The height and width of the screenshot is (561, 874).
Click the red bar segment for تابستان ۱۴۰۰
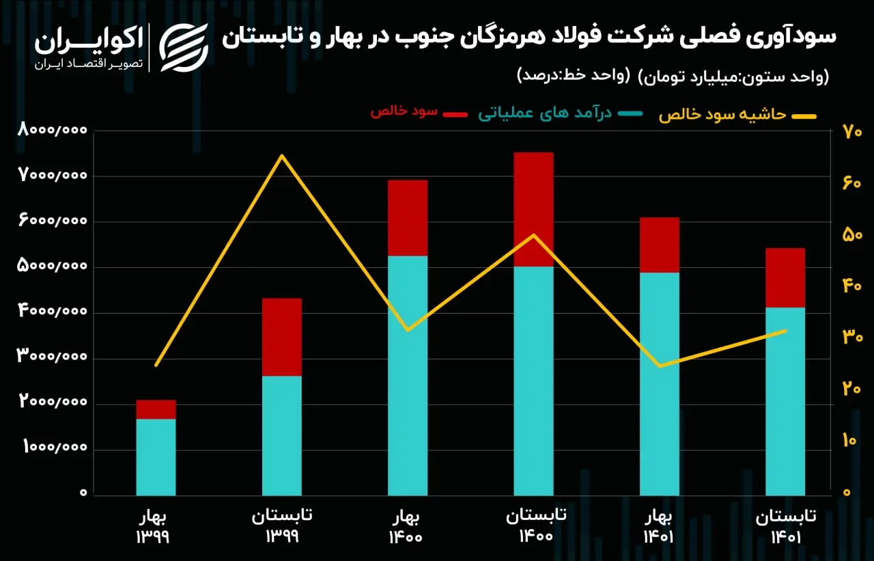[533, 209]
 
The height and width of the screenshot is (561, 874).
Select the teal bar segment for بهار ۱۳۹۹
[156, 457]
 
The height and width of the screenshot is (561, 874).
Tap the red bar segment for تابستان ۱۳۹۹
[282, 337]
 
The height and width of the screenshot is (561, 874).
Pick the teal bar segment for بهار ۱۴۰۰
[408, 376]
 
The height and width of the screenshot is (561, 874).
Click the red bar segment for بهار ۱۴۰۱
[660, 245]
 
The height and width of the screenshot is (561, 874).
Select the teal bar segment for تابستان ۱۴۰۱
[785, 402]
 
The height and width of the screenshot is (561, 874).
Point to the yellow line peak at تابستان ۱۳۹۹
[282, 155]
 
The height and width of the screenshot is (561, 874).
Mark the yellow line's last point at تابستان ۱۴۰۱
[785, 331]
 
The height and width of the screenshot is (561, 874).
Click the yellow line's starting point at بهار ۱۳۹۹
[156, 366]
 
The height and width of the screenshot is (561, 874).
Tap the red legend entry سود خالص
[419, 112]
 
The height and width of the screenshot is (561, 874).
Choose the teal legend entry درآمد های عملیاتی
[561, 113]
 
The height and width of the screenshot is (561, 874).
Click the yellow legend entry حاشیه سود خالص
[737, 115]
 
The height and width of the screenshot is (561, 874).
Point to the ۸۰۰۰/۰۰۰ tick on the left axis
[52, 129]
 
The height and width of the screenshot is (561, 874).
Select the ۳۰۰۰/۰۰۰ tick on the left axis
[52, 355]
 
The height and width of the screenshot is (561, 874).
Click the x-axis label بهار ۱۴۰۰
[406, 527]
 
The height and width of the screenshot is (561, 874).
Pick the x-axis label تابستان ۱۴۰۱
[786, 526]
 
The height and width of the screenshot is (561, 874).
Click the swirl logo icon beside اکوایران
[184, 48]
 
